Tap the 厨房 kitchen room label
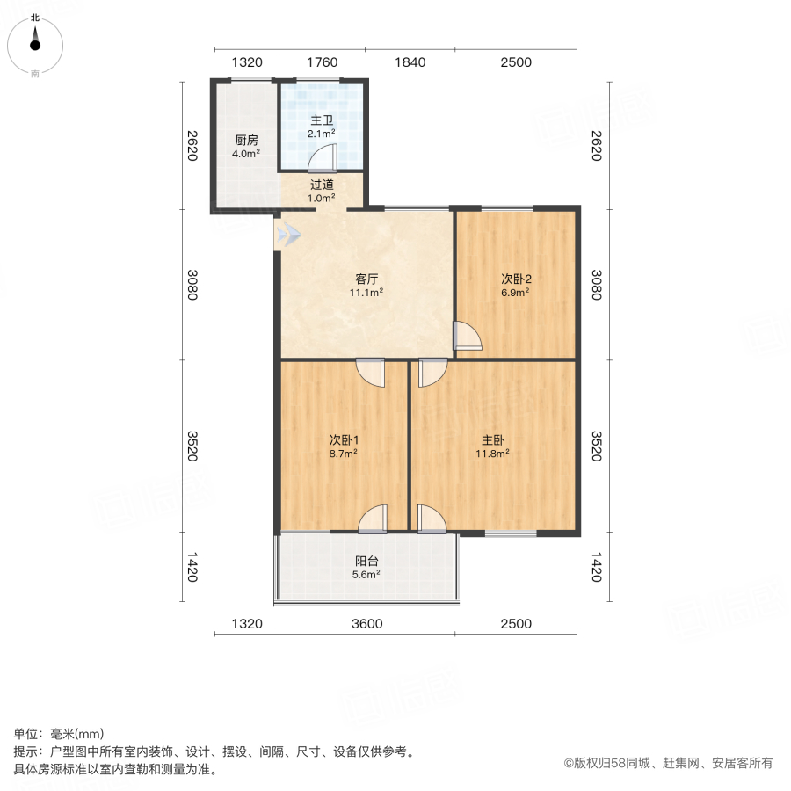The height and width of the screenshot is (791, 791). click(x=246, y=140)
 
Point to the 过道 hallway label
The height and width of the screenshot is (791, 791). click(x=322, y=185)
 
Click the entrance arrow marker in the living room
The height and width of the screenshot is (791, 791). click(x=288, y=235)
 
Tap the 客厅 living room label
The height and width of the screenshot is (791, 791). click(x=366, y=279)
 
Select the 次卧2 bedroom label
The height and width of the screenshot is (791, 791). click(x=515, y=279)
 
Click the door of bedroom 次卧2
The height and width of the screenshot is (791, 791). click(x=467, y=337)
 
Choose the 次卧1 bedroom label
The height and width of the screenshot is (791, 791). click(x=343, y=439)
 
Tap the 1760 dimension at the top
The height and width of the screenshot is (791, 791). click(x=323, y=62)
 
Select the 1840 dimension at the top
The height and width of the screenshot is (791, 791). click(x=410, y=62)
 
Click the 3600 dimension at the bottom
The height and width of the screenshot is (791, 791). click(x=367, y=624)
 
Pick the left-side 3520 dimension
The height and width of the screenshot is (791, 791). click(x=192, y=446)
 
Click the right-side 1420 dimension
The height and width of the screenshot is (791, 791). click(x=598, y=568)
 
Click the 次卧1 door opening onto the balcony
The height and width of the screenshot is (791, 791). click(x=373, y=519)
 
